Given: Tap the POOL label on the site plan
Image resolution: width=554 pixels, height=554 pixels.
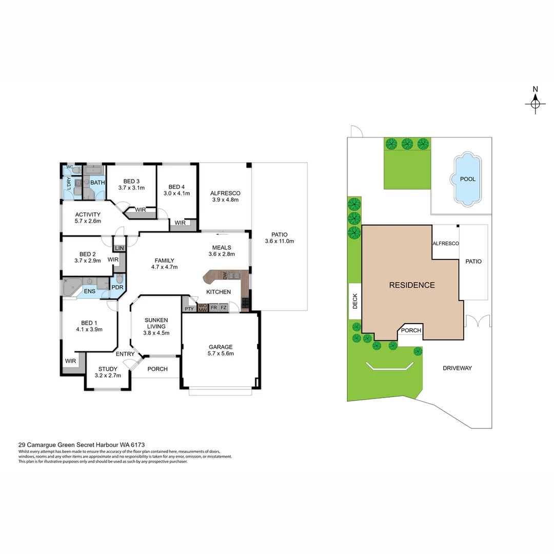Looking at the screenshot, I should tap(467, 179).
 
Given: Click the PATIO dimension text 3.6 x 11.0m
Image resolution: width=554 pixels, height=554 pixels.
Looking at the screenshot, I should tap(279, 241).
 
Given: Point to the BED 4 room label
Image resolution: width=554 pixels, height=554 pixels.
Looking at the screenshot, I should tap(176, 186).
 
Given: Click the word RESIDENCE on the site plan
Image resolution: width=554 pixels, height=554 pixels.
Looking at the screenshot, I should tap(411, 285).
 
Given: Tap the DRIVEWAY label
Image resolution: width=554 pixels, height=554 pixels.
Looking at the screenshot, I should tap(457, 368).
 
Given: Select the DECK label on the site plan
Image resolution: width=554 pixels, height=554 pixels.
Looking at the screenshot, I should tap(355, 304).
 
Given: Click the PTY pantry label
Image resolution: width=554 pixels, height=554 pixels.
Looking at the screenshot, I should tap(189, 309).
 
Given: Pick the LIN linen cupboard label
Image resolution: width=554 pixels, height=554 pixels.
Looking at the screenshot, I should tap(120, 248).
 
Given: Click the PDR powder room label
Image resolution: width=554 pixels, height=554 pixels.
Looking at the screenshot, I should tap(117, 287).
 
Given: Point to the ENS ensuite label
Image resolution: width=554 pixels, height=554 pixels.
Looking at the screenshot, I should tap(89, 291).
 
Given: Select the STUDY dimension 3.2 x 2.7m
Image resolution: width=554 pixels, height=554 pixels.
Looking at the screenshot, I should tap(108, 375).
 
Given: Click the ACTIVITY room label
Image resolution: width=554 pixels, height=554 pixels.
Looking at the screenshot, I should tap(88, 214).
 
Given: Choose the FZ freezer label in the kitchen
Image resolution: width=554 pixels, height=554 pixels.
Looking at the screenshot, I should tap(224, 308).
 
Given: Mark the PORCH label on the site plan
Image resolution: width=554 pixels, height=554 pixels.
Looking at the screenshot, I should tap(411, 330).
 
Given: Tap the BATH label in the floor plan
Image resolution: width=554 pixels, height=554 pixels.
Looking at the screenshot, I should tap(97, 182).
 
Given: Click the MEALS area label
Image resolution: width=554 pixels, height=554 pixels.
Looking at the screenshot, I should tap(221, 248).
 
